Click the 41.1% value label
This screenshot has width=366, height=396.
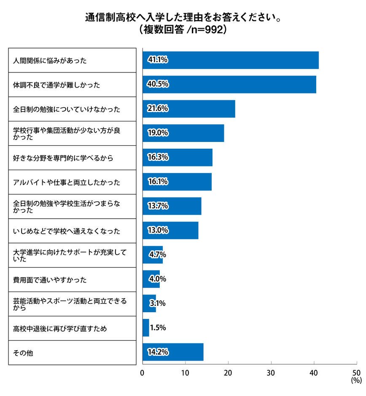tap(158, 60)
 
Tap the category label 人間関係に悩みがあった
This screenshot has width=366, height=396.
tap(50, 61)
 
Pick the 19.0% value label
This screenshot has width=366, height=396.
tap(158, 133)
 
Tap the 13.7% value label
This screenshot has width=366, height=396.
tap(158, 206)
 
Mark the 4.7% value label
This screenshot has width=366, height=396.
tap(158, 254)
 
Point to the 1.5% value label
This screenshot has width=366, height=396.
tap(158, 328)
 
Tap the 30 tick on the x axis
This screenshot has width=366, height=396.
tap(271, 373)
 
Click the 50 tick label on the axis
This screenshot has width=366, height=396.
tap(356, 373)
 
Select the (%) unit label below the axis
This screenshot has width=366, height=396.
tap(356, 380)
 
